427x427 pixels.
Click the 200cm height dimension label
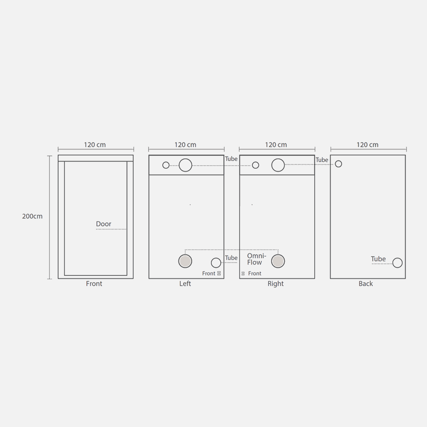[x=32, y=216]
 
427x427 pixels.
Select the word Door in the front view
[x=103, y=224]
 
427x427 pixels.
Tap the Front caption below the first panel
[x=94, y=284]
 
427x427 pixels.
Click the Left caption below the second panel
[x=185, y=284]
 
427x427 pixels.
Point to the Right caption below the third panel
[x=275, y=284]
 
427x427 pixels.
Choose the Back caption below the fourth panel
[x=366, y=284]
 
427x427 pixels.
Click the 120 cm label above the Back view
[x=368, y=145]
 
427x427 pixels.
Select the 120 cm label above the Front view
[x=95, y=145]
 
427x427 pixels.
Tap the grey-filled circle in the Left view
[x=185, y=261]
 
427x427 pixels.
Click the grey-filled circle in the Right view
[x=278, y=261]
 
